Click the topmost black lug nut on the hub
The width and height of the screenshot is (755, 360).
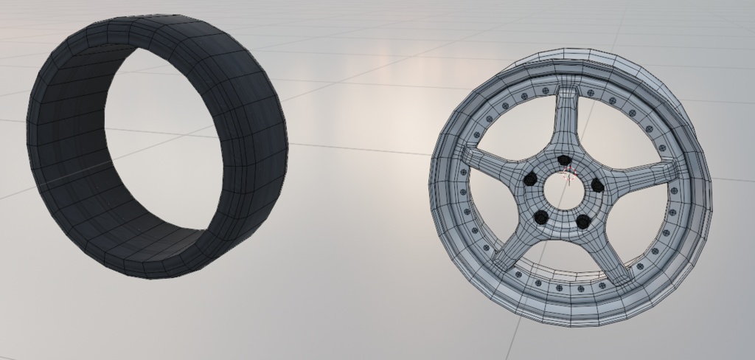coord(564,160)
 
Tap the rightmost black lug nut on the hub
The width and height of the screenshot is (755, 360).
coord(597,186)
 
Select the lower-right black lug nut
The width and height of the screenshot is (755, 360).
coord(582,221)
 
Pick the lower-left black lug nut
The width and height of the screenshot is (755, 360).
coord(541,217)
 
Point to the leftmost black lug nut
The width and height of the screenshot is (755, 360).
coord(530,179)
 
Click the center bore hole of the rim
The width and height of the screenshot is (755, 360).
coord(564,191)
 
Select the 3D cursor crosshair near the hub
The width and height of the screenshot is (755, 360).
coord(568,174)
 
